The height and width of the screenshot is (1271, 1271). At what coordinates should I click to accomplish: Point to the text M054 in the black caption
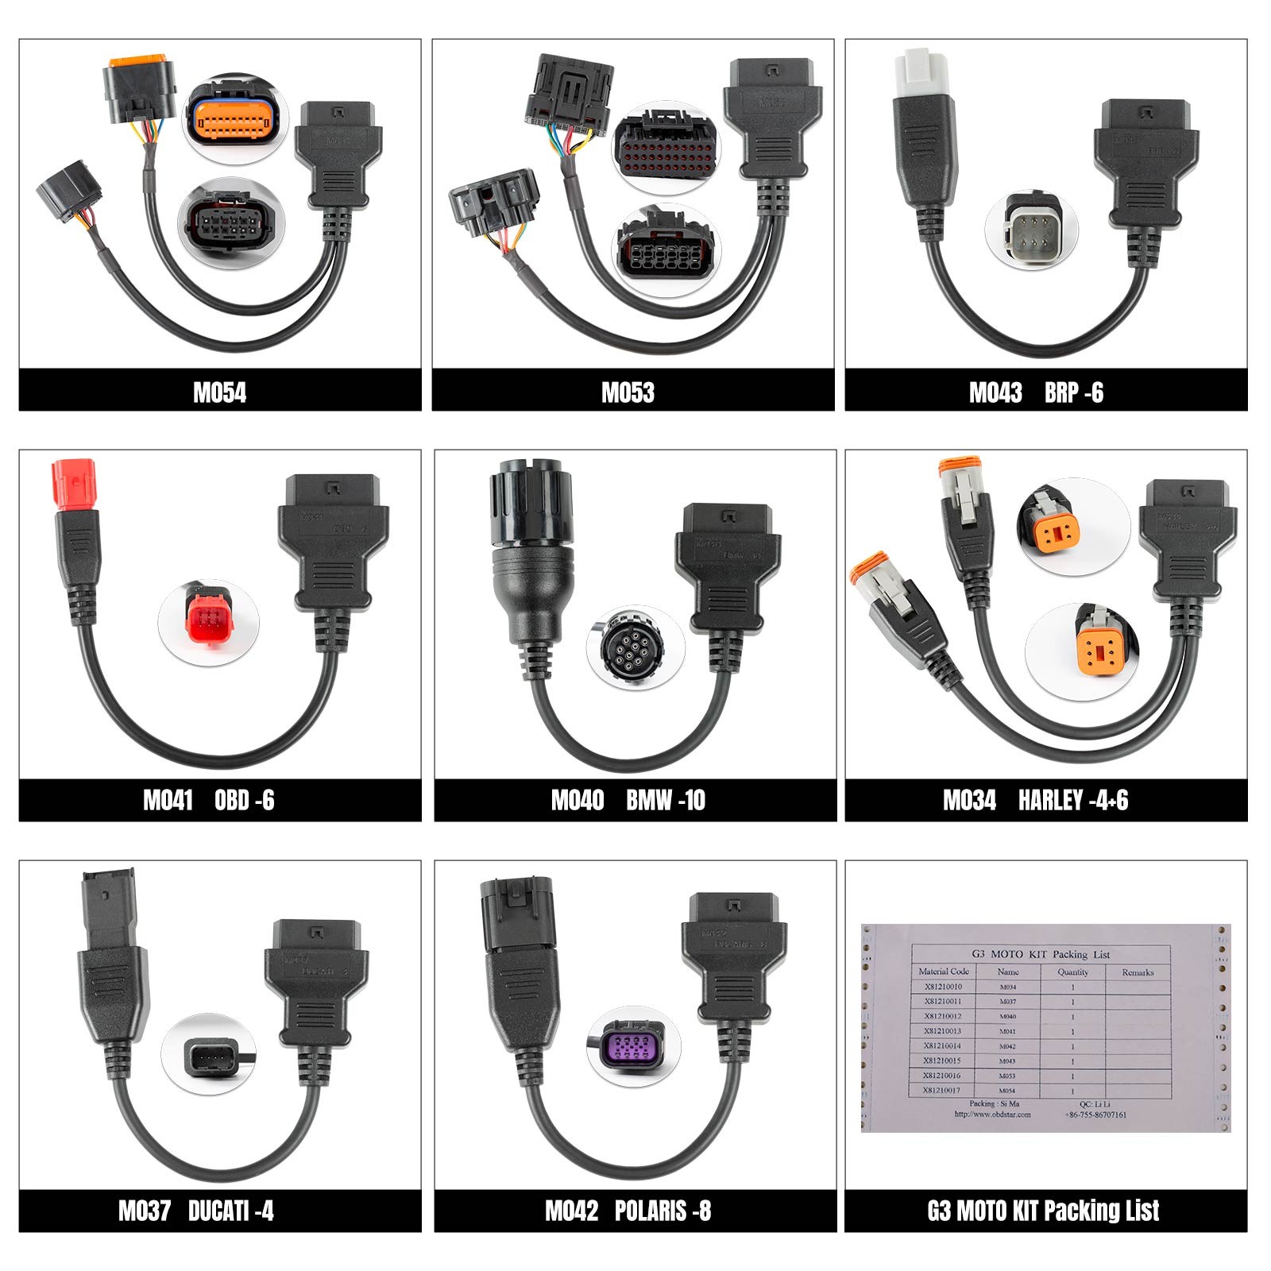coord(219,392)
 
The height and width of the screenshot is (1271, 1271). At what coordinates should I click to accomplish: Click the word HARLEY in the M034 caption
coord(1050,800)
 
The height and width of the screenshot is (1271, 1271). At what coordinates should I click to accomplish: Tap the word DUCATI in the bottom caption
coord(216,1211)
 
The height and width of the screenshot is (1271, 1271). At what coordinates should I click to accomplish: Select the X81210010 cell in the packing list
coord(943,987)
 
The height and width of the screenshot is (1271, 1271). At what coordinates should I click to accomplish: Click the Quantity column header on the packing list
coord(1072,972)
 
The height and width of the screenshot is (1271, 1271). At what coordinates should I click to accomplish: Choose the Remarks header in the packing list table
coord(1138,972)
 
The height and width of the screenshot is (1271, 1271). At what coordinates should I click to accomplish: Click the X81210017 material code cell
coord(943,1091)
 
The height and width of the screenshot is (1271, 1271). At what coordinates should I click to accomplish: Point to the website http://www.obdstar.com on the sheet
coord(993,1115)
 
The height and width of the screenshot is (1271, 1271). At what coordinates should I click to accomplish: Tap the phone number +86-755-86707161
coord(1095,1115)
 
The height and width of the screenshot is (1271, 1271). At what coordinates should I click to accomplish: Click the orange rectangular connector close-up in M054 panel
coord(233,120)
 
